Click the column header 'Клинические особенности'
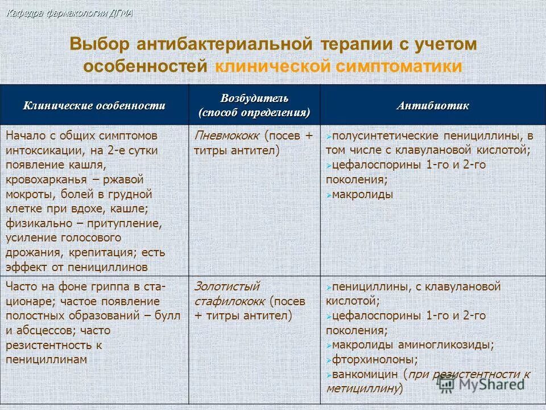[x=94, y=105]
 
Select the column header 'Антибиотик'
[x=433, y=106]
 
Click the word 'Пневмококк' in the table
[x=226, y=137]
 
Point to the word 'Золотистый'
[x=226, y=286]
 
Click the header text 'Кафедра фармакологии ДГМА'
[x=69, y=14]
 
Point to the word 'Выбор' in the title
[x=100, y=44]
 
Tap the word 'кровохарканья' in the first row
[x=45, y=180]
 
